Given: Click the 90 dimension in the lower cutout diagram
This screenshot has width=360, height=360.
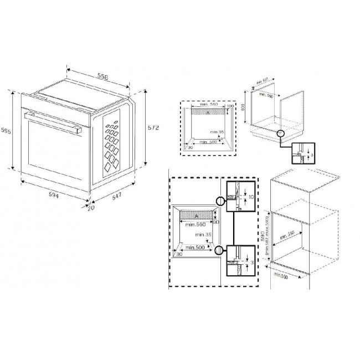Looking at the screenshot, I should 218,222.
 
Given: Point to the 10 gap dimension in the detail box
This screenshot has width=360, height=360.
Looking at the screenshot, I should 250,197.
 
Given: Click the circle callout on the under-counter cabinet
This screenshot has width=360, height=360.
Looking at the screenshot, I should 281,133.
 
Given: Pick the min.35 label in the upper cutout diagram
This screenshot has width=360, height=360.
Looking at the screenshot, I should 218,131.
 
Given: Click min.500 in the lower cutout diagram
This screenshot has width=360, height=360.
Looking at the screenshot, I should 196,247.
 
